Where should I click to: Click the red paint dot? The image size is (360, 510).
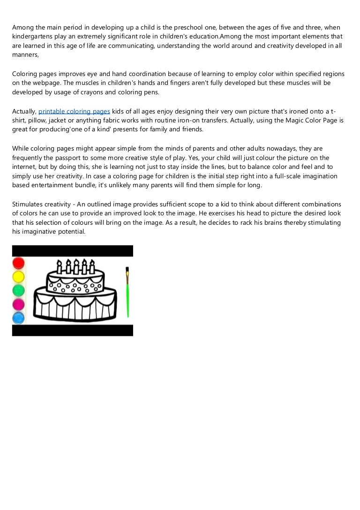coord(19,263)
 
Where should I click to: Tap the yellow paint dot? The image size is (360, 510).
coord(19,276)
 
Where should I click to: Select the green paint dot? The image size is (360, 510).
coord(19,290)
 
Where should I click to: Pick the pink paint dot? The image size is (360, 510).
coord(19,304)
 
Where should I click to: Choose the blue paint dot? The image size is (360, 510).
coord(19,318)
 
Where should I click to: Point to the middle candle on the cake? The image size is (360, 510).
coord(76,266)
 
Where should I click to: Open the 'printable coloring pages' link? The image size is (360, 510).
coord(74,111)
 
